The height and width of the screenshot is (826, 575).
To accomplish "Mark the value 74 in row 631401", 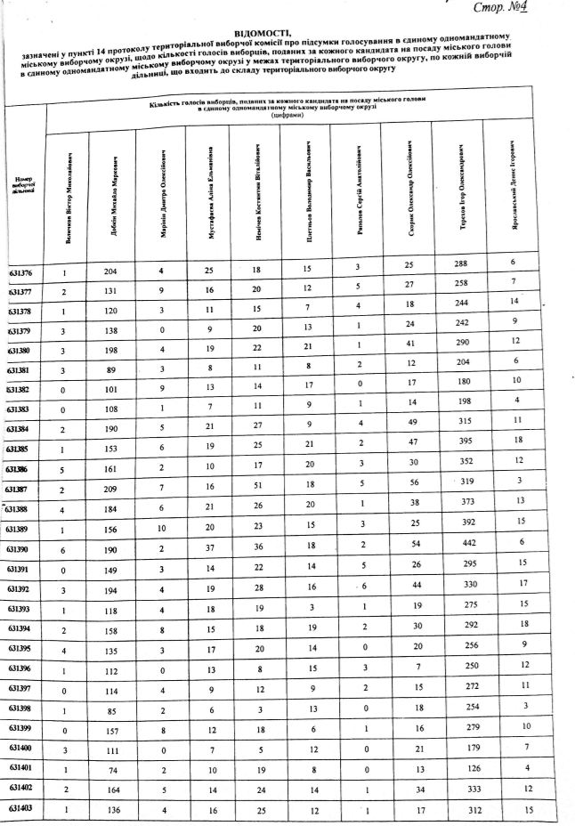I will (111, 767).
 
